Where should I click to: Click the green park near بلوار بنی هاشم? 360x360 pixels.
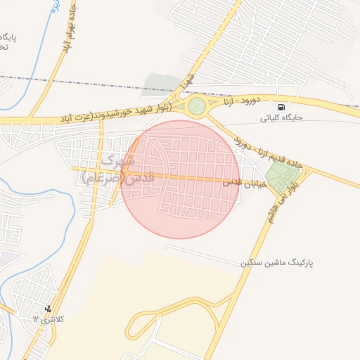[282, 176]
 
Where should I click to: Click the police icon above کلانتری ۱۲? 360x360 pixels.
[48, 309]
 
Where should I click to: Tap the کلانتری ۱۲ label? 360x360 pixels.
[47, 319]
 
